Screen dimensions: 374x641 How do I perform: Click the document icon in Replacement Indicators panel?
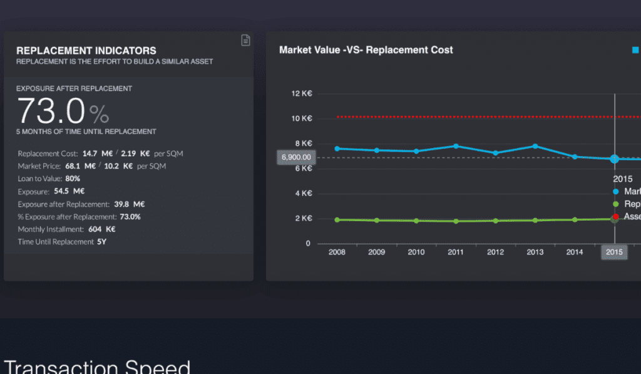[x=246, y=40]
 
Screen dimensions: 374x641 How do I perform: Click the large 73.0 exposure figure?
[x=51, y=111]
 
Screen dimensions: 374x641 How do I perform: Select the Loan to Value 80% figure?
[x=73, y=179]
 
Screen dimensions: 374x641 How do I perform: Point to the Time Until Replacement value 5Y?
[x=101, y=242]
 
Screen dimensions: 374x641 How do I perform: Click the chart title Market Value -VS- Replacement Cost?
[x=366, y=50]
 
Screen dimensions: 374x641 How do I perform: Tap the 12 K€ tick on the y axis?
[x=302, y=94]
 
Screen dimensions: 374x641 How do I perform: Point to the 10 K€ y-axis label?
[x=302, y=118]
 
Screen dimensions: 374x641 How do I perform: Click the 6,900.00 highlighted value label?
[x=296, y=157]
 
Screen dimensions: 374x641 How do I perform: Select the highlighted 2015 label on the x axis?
[x=614, y=252]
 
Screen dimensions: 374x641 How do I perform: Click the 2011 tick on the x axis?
[x=456, y=252]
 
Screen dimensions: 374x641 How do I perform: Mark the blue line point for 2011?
[x=456, y=146]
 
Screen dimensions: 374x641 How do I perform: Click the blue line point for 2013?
[x=535, y=146]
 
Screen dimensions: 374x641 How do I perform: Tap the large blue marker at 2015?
[x=614, y=159]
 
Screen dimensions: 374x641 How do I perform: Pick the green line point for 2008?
[x=337, y=220]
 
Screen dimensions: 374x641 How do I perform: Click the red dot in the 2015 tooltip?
[x=615, y=216]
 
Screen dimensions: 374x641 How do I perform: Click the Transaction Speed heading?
[x=97, y=366]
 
